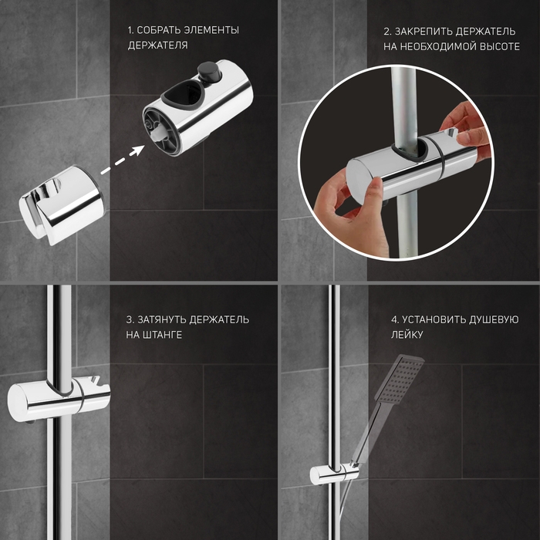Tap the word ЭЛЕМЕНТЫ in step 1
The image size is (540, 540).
211,30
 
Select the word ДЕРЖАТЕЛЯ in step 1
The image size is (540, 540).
157,46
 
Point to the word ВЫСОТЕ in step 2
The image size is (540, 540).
499,46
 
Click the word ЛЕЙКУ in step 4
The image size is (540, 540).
407,335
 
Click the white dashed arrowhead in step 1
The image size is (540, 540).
138,150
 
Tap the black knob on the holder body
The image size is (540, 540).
208,71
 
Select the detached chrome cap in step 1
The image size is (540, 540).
61,205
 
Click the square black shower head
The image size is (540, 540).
400,380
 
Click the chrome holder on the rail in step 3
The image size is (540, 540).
59,398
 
